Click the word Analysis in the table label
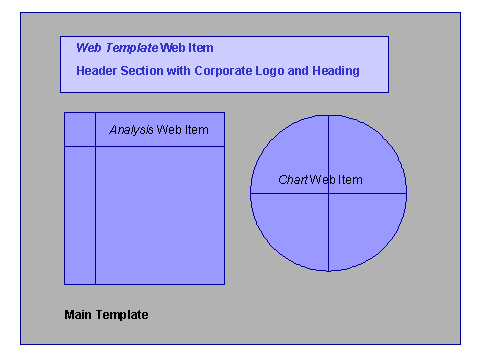point(131,130)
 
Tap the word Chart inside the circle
point(292,180)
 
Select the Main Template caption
point(106,315)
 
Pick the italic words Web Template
point(116,48)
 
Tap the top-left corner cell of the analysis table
point(80,130)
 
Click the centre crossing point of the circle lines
point(329,193)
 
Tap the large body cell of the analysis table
point(160,215)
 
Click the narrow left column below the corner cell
point(80,215)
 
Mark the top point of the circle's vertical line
point(329,116)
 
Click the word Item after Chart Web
point(349,180)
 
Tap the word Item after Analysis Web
point(196,130)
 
